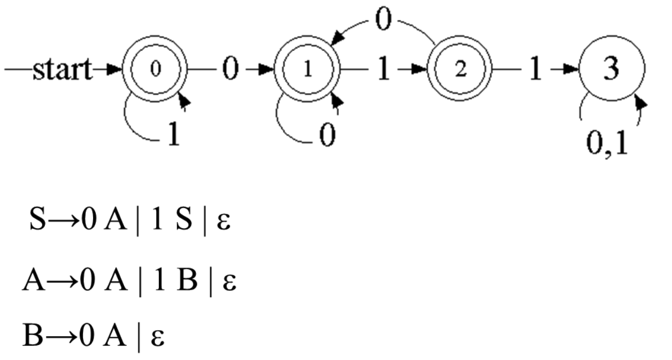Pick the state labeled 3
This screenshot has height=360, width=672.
point(612,70)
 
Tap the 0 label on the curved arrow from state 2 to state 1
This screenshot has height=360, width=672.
point(382,19)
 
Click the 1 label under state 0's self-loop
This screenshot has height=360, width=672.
point(174,135)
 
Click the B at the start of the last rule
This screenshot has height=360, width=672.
point(32,336)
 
